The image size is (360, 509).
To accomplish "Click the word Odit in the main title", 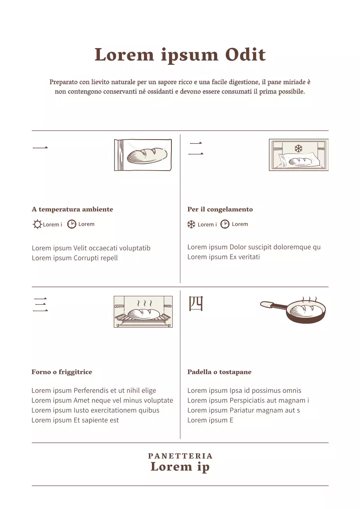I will coord(245,55).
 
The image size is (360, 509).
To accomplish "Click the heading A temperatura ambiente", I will coord(72,209).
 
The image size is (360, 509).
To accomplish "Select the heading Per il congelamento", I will coord(220,209).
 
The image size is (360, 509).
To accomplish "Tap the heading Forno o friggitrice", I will coord(62,372).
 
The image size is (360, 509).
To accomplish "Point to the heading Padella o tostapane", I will coord(219,372).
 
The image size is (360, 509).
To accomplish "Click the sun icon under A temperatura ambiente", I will coord(37,224).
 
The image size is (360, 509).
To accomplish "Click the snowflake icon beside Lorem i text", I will coord(191,224).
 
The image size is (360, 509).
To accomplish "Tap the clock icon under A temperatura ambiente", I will coord(72,224).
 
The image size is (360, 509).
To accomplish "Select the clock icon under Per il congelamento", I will coord(225,224).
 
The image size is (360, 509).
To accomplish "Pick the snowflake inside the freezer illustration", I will coord(298,149).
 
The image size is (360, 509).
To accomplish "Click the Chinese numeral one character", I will coord(40,148).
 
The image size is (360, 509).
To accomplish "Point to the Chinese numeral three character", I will coord(40,305).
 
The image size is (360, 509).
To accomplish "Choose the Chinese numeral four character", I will coord(195,304).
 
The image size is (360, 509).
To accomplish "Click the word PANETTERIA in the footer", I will coord(180,456).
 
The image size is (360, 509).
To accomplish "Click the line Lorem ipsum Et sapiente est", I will coord(75,420).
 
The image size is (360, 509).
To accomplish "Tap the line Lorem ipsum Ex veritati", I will coord(224,257).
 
